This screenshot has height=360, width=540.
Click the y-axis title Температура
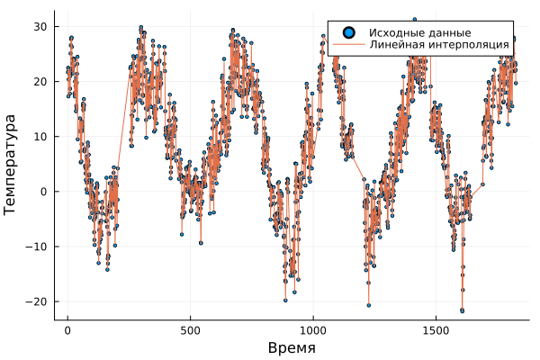[x=11, y=164]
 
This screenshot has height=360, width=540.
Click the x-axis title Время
[x=292, y=347]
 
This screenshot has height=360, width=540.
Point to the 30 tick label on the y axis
[x=40, y=26]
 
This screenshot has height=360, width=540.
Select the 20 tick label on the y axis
[x=40, y=81]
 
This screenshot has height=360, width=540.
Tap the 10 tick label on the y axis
[x=40, y=136]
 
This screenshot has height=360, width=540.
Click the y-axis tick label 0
[x=43, y=191]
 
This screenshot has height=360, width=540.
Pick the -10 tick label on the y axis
[x=37, y=246]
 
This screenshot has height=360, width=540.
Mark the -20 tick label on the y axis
[x=37, y=301]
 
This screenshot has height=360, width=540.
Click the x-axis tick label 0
[x=67, y=331]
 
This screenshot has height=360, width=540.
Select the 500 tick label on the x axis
[x=190, y=331]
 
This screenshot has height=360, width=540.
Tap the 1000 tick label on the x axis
[x=313, y=331]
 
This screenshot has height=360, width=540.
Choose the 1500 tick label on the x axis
[x=436, y=331]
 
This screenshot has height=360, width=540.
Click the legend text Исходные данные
[x=419, y=32]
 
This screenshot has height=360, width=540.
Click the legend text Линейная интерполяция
[x=439, y=44]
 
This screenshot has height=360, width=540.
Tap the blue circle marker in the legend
[x=346, y=32]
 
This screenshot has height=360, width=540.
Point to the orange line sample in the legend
[x=346, y=44]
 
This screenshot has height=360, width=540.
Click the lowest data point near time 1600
[x=462, y=310]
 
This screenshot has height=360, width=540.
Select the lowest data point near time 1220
[x=368, y=305]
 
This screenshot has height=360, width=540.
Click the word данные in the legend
[x=449, y=32]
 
